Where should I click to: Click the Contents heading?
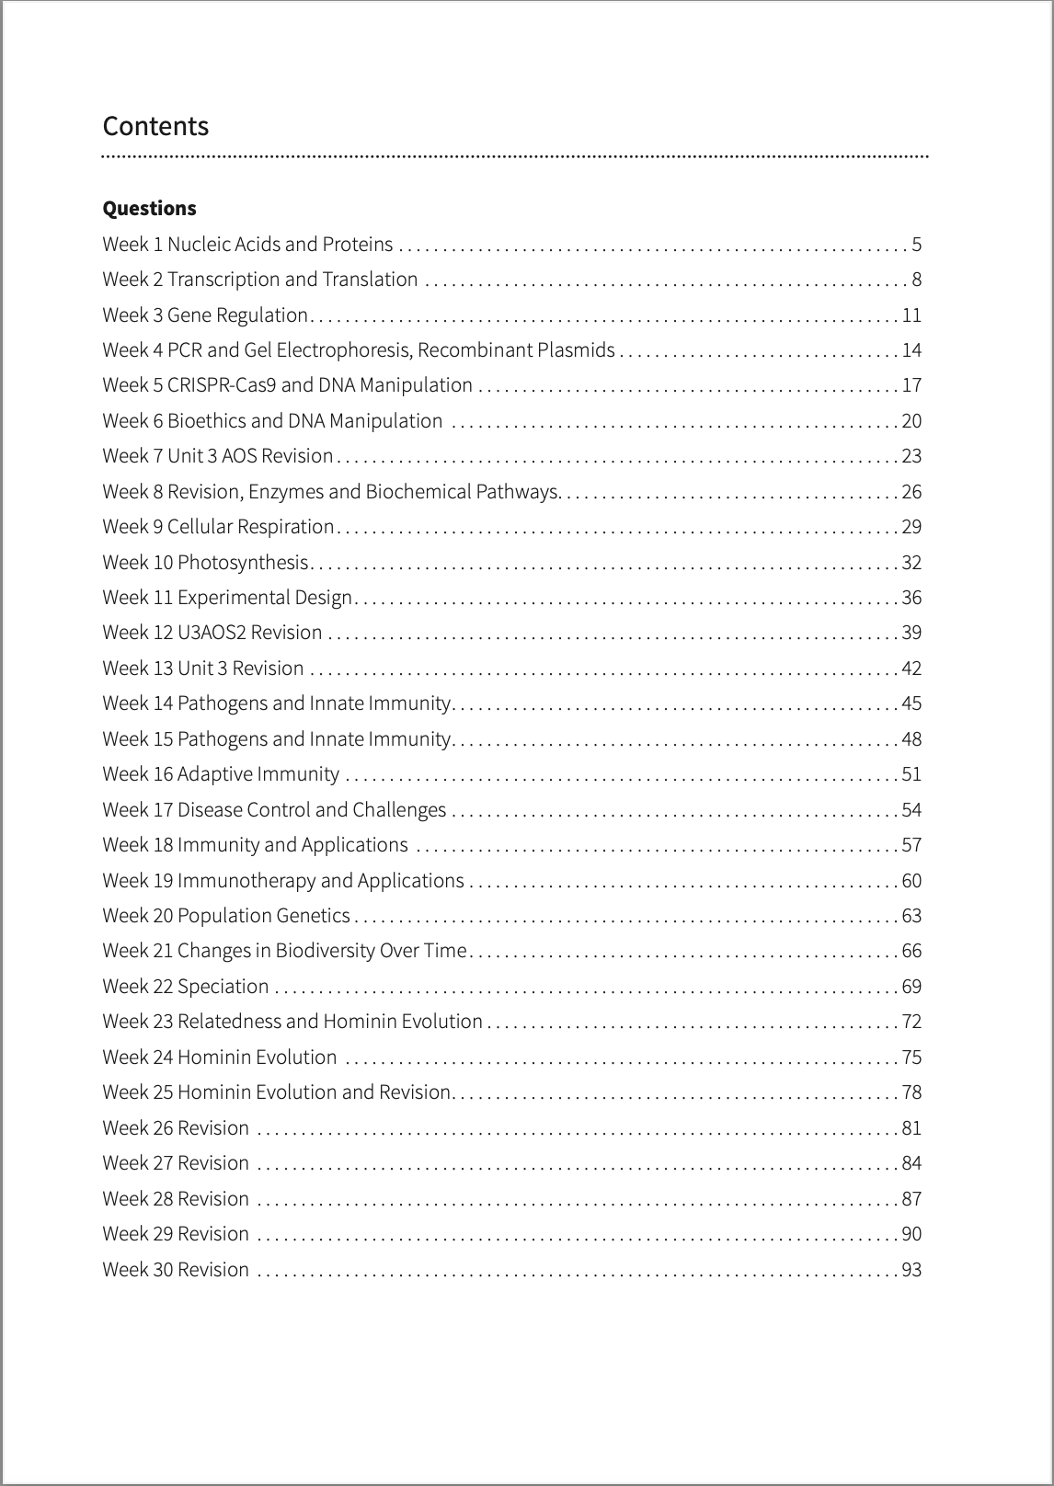click(x=155, y=126)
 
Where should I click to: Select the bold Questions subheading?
click(x=149, y=208)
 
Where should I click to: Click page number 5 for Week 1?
click(x=917, y=245)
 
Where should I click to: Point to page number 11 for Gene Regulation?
click(x=911, y=315)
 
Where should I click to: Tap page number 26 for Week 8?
click(x=911, y=492)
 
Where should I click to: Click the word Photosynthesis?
click(x=243, y=563)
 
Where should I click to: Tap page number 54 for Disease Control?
click(x=911, y=810)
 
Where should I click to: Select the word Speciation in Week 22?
click(x=223, y=987)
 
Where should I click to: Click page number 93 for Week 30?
click(x=911, y=1270)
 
